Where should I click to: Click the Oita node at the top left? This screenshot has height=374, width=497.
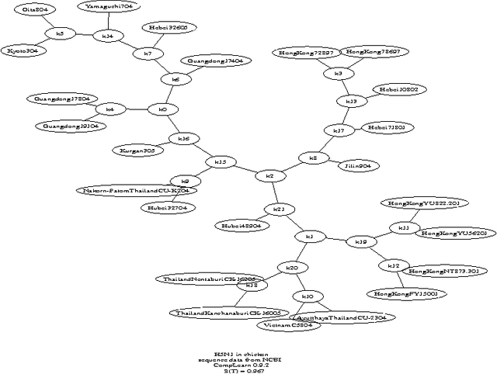pyautogui.click(x=34, y=9)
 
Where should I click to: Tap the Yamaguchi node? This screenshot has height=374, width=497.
pyautogui.click(x=109, y=6)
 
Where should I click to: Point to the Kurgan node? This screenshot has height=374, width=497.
pyautogui.click(x=137, y=151)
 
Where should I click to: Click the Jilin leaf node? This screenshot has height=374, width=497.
pyautogui.click(x=358, y=165)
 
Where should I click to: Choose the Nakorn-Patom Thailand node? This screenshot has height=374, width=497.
pyautogui.click(x=136, y=190)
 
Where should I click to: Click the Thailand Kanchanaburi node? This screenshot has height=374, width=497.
pyautogui.click(x=228, y=313)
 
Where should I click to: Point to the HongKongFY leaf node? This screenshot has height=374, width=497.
pyautogui.click(x=406, y=294)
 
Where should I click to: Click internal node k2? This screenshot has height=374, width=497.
pyautogui.click(x=269, y=176)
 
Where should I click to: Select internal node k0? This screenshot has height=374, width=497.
pyautogui.click(x=162, y=109)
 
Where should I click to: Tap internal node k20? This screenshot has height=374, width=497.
pyautogui.click(x=292, y=268)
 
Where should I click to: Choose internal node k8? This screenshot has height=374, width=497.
pyautogui.click(x=313, y=158)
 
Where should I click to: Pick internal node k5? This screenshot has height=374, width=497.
pyautogui.click(x=60, y=33)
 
